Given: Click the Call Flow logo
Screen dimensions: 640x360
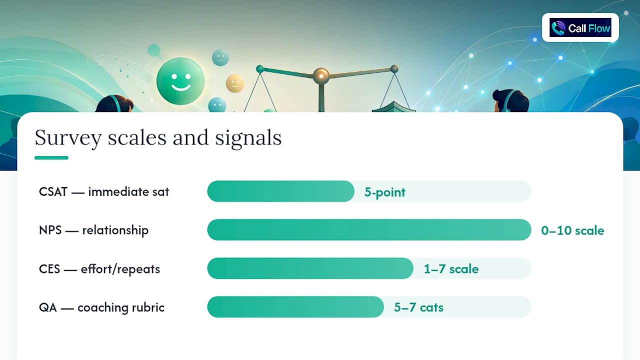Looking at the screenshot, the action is coord(580,27).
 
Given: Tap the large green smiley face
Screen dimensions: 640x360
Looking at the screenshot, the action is coord(180,81).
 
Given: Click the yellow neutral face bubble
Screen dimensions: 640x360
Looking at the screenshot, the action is coord(235,83).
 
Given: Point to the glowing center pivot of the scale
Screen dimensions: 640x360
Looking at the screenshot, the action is coord(321,75).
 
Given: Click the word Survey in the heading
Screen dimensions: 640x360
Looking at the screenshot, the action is coord(68,138).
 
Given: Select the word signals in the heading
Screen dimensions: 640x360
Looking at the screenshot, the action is coord(248,138).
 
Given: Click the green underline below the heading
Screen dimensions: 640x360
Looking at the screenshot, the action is coord(51,157).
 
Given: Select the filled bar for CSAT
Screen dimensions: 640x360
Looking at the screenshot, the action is coord(281,191).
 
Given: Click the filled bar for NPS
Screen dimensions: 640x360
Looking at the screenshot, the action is coord(369,229).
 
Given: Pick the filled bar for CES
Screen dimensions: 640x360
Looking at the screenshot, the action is coord(310,268).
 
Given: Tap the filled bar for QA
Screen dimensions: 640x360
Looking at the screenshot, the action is coord(295,307).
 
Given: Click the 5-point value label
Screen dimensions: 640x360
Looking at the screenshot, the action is coord(385,192).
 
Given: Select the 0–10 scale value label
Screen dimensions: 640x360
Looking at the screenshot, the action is coord(572,230).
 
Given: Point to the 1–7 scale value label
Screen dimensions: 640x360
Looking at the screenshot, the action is coord(451,269).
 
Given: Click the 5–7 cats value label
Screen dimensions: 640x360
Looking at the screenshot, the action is coord(418,307).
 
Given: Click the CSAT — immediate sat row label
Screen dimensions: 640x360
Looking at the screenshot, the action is coord(104,191).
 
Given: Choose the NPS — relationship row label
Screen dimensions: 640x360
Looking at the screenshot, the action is coord(93,230).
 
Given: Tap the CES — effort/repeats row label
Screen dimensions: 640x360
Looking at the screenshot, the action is coord(99,269).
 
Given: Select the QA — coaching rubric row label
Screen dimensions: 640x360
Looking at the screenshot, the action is coord(101,307).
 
